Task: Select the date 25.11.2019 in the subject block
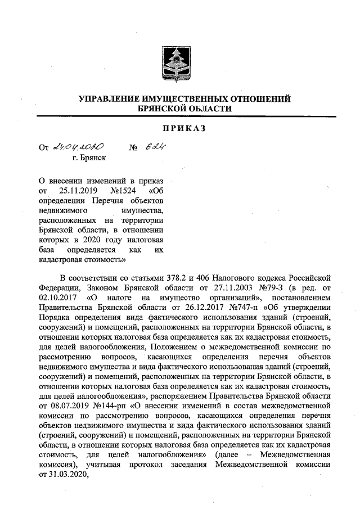click(75, 190)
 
